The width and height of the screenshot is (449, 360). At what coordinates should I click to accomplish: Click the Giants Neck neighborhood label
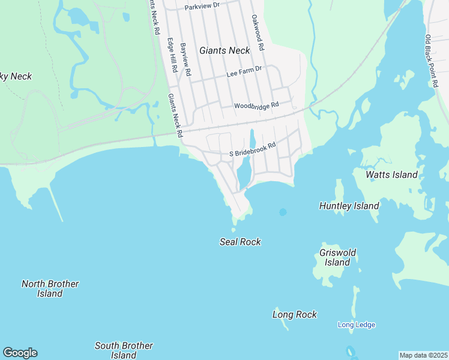pyautogui.click(x=224, y=50)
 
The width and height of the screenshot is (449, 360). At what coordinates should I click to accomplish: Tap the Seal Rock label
pyautogui.click(x=240, y=242)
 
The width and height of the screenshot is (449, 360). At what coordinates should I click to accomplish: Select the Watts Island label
pyautogui.click(x=391, y=175)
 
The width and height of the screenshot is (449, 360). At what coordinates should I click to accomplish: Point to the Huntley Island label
pyautogui.click(x=349, y=206)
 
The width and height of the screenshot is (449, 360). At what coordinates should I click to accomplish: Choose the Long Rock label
pyautogui.click(x=294, y=314)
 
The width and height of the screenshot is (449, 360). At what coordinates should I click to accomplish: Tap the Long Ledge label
pyautogui.click(x=356, y=325)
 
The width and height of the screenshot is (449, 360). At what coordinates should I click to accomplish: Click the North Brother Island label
pyautogui.click(x=50, y=289)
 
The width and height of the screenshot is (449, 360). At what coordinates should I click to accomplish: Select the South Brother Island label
pyautogui.click(x=124, y=350)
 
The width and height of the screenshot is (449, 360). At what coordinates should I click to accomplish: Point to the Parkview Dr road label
pyautogui.click(x=202, y=7)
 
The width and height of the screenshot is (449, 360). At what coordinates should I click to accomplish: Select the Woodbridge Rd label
pyautogui.click(x=256, y=105)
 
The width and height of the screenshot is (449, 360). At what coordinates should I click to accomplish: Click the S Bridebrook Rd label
pyautogui.click(x=252, y=149)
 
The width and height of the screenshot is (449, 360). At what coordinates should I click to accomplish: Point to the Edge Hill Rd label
pyautogui.click(x=172, y=56)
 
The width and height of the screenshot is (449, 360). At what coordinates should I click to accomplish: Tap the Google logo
pyautogui.click(x=20, y=353)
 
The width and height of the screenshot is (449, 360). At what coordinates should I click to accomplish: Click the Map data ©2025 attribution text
pyautogui.click(x=423, y=355)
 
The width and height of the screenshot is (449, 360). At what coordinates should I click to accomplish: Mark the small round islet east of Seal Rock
pyautogui.click(x=283, y=212)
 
